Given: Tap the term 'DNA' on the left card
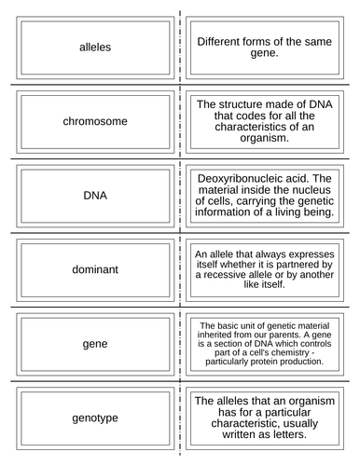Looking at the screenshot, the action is point(95,197).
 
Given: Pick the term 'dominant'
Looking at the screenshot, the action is point(95,270).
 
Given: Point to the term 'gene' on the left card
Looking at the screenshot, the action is point(95,345).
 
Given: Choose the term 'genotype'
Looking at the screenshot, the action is point(95,418).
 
